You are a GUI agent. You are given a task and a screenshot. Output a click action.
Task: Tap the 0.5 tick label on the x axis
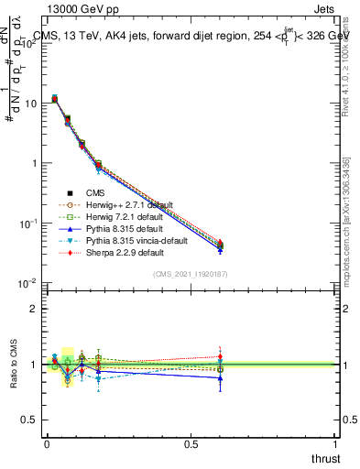[x=191, y=443]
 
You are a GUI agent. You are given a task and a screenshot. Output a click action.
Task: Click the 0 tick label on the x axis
[x=47, y=443]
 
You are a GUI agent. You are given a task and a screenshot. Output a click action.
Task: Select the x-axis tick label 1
[x=337, y=443]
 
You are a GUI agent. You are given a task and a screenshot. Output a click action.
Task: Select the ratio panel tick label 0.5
[x=29, y=420]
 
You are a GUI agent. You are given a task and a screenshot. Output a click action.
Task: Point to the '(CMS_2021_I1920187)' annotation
[x=190, y=274]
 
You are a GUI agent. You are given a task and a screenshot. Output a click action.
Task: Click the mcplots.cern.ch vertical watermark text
[x=347, y=229]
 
